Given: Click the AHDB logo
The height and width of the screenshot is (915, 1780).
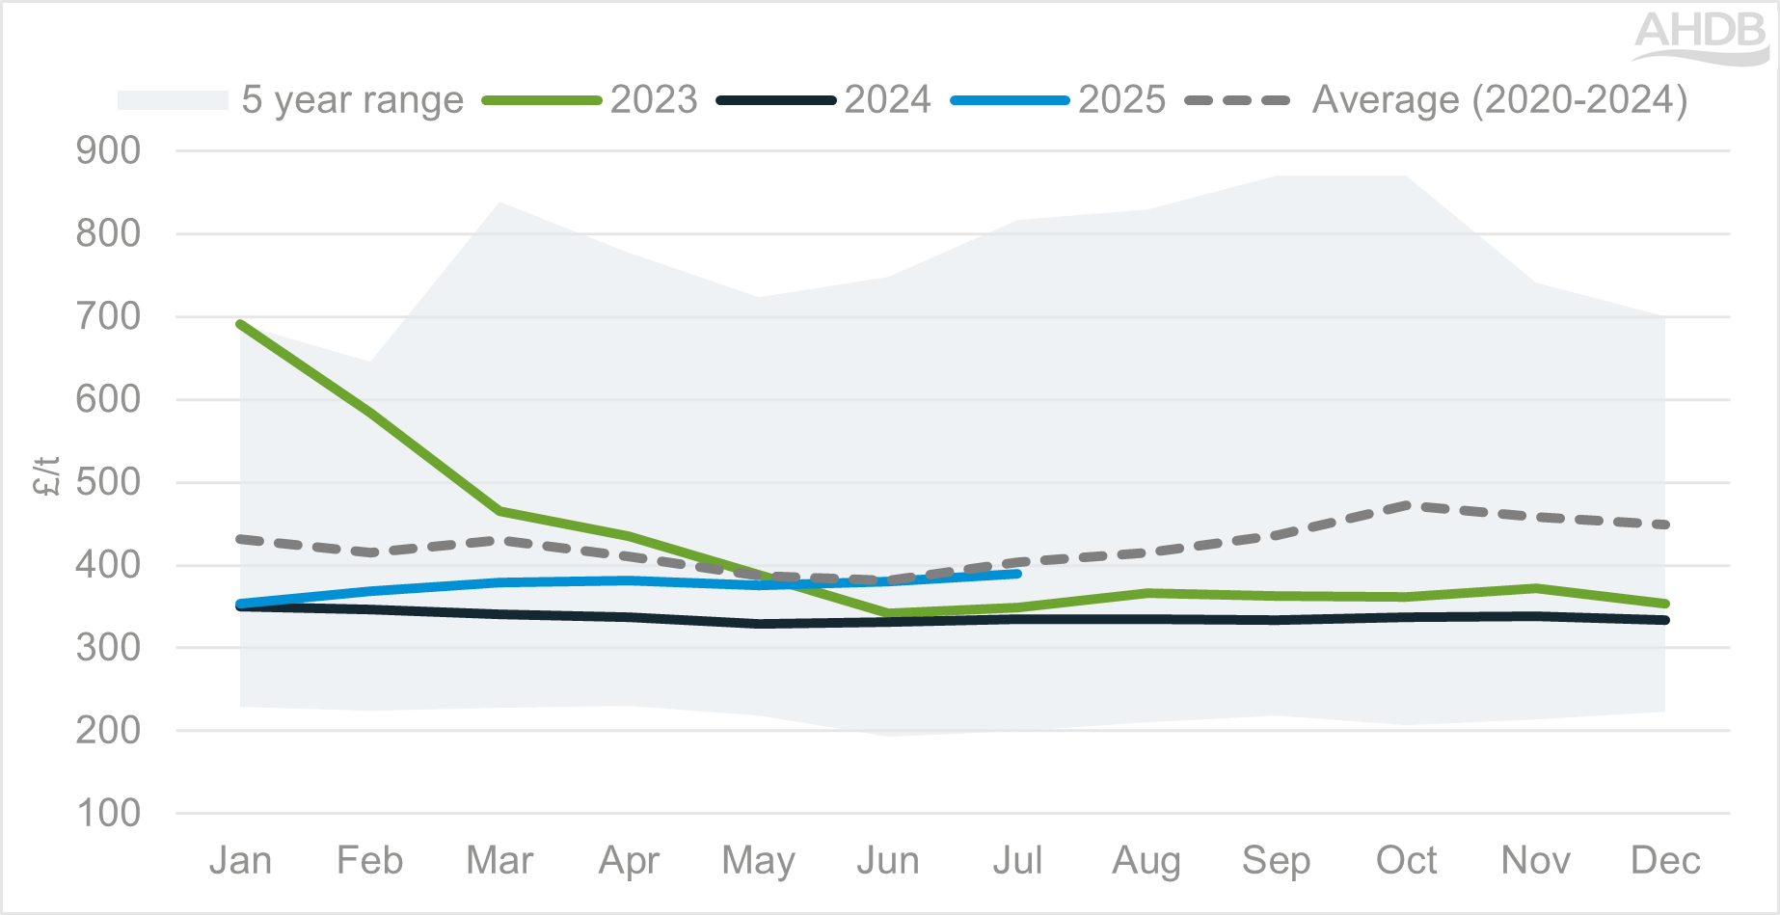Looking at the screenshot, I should point(1701,37).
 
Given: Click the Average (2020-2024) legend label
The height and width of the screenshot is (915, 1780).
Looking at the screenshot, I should point(1499,100).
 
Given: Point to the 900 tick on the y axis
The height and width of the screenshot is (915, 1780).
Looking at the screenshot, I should point(108,151).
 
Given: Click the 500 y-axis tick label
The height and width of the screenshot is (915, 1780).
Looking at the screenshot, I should point(108,482).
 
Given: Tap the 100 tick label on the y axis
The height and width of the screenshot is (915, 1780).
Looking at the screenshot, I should point(108,814).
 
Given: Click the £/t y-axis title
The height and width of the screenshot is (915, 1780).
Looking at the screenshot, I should point(46,476).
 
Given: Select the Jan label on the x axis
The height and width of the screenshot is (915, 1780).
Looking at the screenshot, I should point(240,860).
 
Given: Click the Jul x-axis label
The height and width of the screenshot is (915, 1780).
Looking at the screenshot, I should point(1017,860).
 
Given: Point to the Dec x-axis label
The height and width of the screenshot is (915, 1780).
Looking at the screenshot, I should point(1665,860).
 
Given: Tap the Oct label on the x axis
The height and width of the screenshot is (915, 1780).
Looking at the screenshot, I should point(1407,860).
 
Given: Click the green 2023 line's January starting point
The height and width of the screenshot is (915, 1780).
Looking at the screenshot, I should point(240,324).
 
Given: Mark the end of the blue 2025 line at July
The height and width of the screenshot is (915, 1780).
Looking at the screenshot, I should point(1017,574).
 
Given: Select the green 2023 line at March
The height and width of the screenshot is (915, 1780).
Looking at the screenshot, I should point(499,510).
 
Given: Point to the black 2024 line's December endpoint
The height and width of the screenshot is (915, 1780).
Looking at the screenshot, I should point(1665,620).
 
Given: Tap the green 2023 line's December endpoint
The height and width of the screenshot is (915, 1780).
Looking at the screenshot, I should point(1665,604).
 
